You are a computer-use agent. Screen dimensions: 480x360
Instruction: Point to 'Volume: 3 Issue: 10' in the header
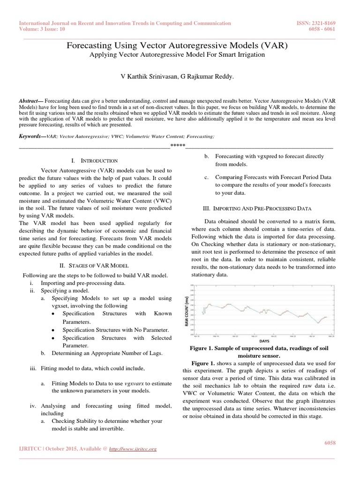point(44,29)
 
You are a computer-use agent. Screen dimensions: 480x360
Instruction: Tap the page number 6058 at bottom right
point(330,442)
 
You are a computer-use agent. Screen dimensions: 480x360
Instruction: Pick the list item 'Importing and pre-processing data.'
point(83,284)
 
